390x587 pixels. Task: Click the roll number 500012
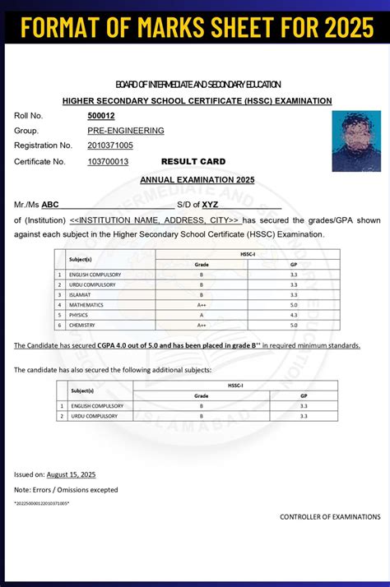(x=100, y=116)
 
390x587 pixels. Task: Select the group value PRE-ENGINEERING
(x=125, y=131)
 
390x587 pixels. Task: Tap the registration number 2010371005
(x=110, y=146)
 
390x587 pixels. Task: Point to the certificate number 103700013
(x=108, y=162)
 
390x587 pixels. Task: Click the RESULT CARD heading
(x=193, y=162)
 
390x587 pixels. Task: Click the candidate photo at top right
(x=356, y=141)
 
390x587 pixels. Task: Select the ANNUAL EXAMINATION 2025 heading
(x=197, y=179)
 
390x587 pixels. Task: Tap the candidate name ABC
(x=50, y=204)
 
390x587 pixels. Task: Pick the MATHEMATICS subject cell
(x=86, y=304)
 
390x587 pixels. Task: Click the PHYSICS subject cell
(x=79, y=315)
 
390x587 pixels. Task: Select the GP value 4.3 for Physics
(x=293, y=315)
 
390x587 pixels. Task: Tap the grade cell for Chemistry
(x=201, y=326)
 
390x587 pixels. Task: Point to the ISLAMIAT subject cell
(x=81, y=294)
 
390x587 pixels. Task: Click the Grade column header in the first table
(x=201, y=265)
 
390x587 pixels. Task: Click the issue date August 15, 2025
(x=71, y=474)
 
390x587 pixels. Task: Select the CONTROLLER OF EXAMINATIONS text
(x=330, y=517)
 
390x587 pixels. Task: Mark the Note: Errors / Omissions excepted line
(x=66, y=490)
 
